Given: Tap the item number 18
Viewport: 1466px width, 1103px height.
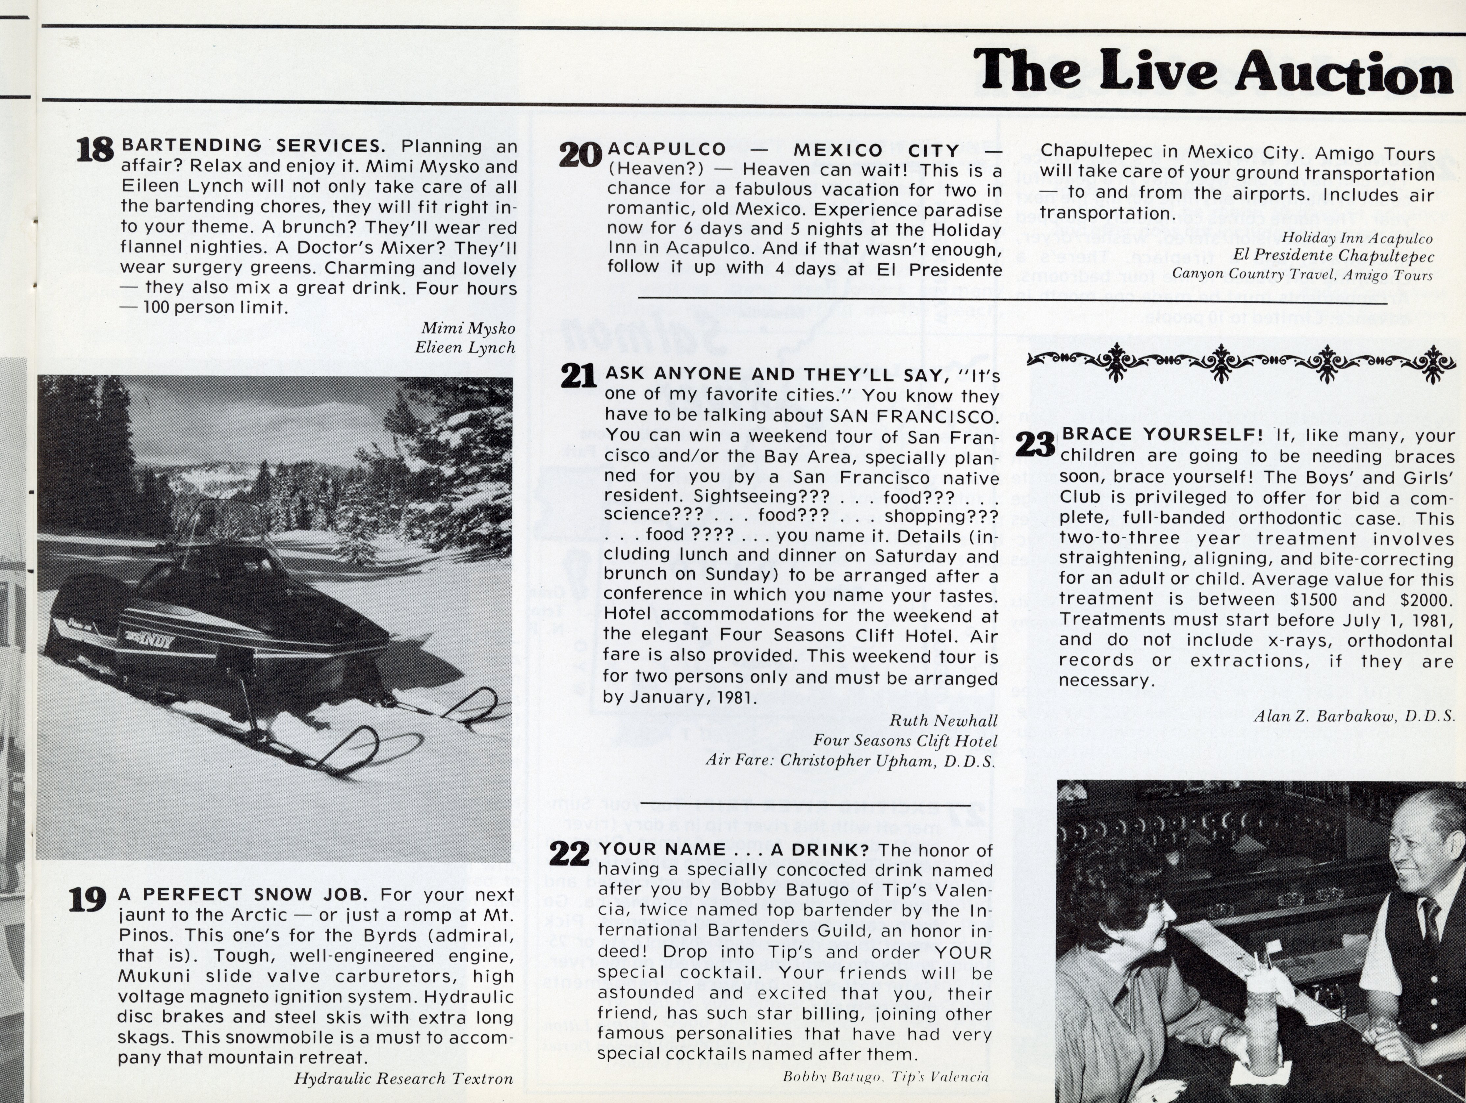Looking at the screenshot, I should click(x=95, y=150).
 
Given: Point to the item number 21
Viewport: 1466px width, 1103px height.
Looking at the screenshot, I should click(x=578, y=376).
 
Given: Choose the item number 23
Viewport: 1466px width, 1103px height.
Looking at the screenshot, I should click(x=1035, y=444).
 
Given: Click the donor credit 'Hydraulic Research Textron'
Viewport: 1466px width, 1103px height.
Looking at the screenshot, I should click(x=403, y=1078).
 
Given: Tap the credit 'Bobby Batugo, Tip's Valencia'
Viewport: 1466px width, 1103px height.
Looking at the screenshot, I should click(x=886, y=1077).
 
